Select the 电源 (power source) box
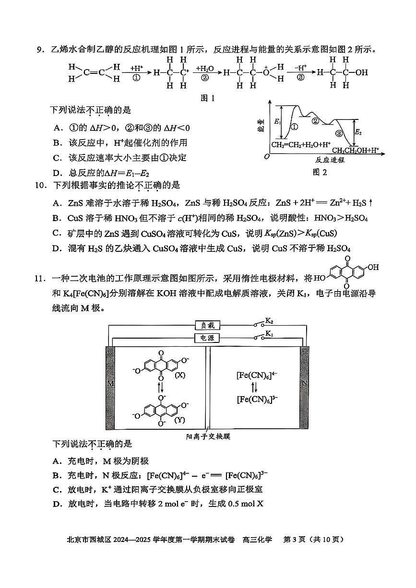click(207, 338)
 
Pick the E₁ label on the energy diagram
click(277, 123)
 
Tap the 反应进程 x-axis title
click(330, 160)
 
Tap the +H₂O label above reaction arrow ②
click(204, 69)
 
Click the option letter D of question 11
click(57, 504)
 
